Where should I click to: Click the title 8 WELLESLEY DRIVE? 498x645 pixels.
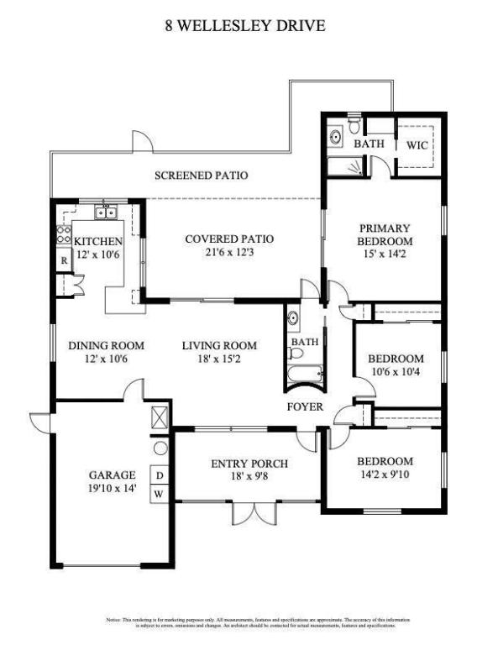(x=244, y=26)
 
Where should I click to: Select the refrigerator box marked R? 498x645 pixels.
(x=63, y=260)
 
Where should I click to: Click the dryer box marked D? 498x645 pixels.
(x=159, y=475)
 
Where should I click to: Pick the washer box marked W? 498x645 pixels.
(x=159, y=495)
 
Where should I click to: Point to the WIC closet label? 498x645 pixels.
(x=417, y=144)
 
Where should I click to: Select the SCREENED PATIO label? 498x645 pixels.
(x=201, y=176)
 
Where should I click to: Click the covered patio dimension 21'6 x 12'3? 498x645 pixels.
(x=229, y=252)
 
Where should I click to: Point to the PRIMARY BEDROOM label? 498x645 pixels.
(x=384, y=234)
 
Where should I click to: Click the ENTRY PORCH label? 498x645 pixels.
(x=249, y=464)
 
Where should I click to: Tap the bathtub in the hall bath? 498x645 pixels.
(x=300, y=371)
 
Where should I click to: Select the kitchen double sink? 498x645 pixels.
(x=106, y=212)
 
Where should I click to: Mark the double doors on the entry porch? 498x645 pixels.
(x=249, y=514)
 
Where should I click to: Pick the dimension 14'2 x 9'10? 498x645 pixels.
(x=385, y=475)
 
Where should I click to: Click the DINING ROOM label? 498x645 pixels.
(x=107, y=345)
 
